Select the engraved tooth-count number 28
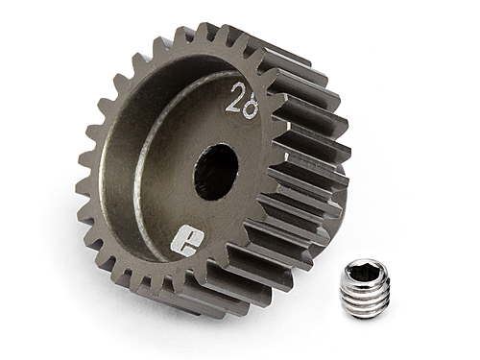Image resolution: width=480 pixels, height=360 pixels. [241, 97]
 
